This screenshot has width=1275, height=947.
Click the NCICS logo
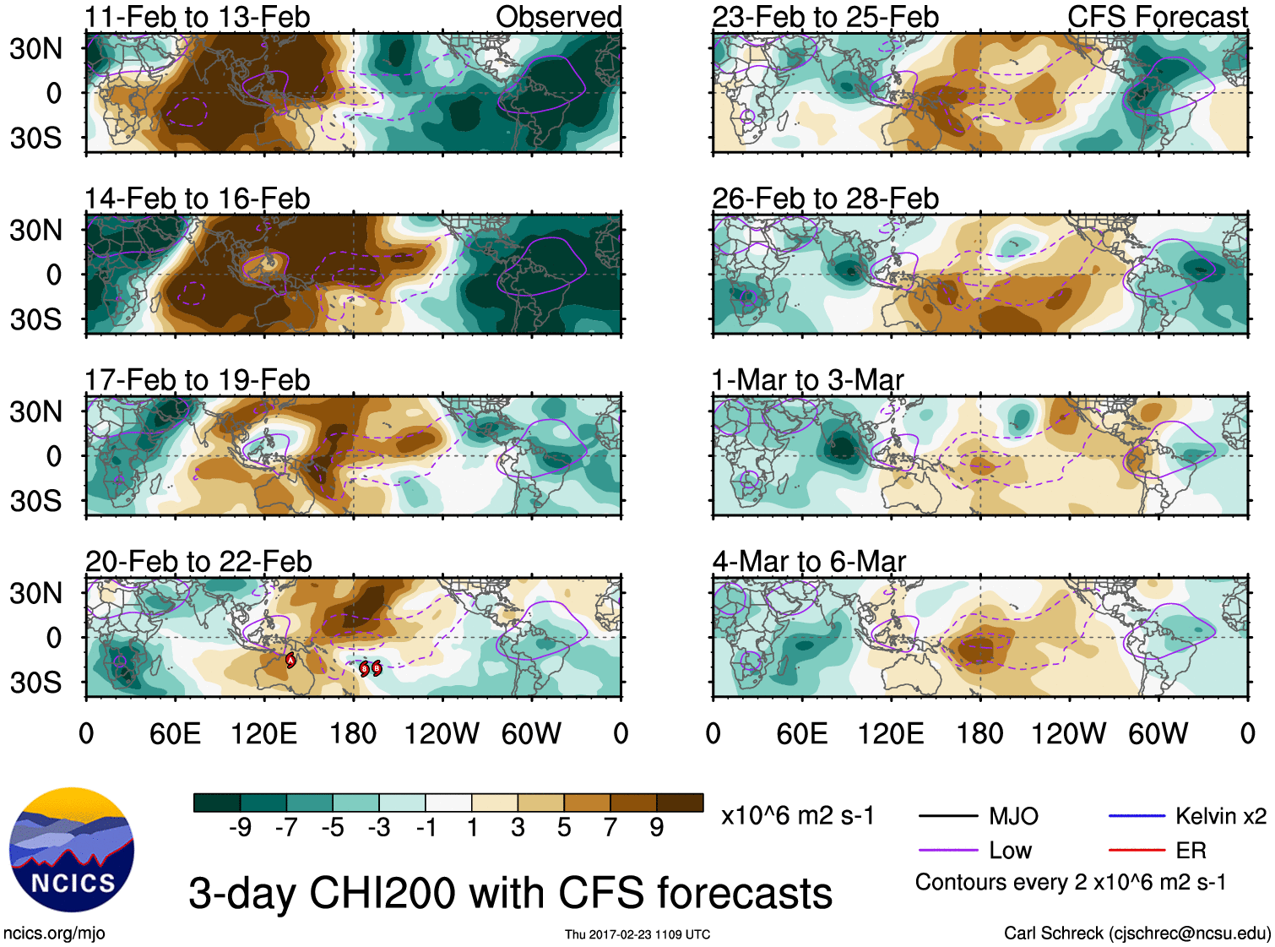point(72,849)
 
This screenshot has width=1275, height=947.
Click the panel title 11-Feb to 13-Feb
point(197,17)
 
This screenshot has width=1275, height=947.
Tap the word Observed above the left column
point(558,17)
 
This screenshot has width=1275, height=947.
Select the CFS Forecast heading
point(1157,17)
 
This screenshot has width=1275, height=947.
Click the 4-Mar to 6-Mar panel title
point(809,562)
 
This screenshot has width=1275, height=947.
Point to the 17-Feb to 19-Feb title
point(197,380)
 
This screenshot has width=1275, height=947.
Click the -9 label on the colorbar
point(240,828)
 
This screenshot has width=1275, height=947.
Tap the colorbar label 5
point(564,828)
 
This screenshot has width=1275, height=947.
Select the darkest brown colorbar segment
point(680,803)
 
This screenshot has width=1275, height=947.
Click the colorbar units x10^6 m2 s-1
point(798,816)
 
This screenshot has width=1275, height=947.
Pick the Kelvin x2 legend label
point(1220,816)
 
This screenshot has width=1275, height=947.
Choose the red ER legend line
point(1137,851)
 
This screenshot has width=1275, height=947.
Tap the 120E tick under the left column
point(263,733)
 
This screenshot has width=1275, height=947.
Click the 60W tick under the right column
point(1158,733)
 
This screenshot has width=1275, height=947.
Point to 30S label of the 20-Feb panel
point(35,683)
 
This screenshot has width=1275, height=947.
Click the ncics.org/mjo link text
point(54,933)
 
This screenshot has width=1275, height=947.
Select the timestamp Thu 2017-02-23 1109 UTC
point(637,934)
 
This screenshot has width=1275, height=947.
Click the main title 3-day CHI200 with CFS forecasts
point(510,894)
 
